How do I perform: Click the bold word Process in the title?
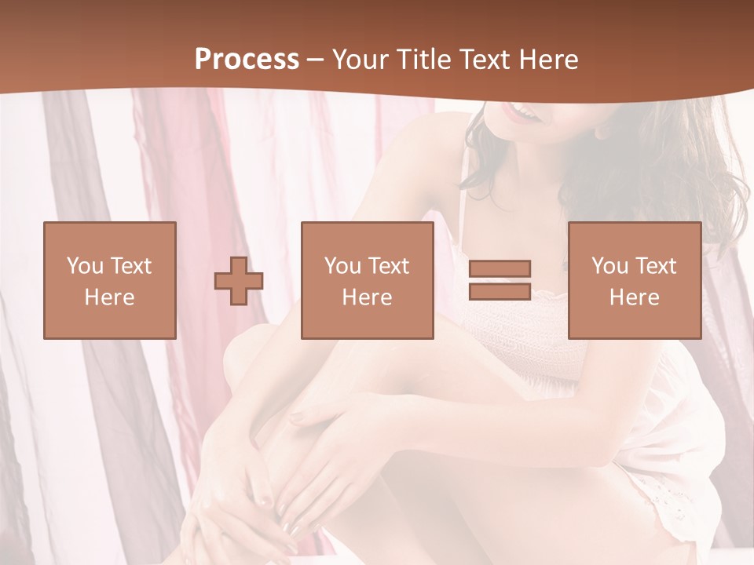click(247, 60)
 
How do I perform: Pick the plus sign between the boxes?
click(239, 281)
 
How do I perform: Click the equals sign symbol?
click(500, 280)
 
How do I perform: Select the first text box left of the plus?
click(110, 280)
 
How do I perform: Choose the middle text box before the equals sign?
click(368, 280)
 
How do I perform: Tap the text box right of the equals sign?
click(635, 280)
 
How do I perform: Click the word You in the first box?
click(83, 266)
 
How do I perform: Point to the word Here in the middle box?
click(368, 297)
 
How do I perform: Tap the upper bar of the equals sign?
click(500, 269)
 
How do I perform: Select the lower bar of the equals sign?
click(500, 291)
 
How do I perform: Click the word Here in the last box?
click(635, 297)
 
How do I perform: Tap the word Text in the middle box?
click(390, 266)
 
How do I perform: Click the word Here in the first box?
click(110, 297)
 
